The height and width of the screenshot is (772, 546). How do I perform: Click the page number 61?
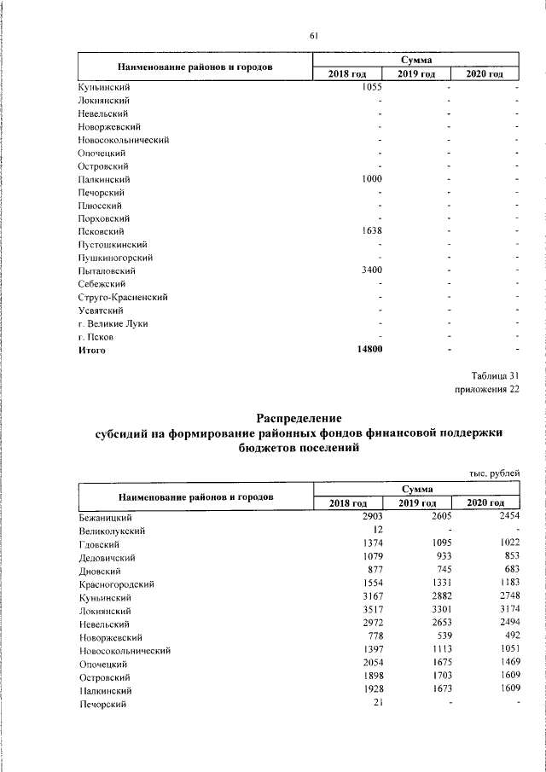point(313,36)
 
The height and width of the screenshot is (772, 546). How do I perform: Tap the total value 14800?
point(368,351)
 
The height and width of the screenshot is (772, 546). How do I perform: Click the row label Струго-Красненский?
point(122,297)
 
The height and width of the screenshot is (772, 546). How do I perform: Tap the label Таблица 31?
point(495,376)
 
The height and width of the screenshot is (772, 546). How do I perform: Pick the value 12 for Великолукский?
point(376,531)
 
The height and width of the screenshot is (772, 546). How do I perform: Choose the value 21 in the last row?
point(376,703)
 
